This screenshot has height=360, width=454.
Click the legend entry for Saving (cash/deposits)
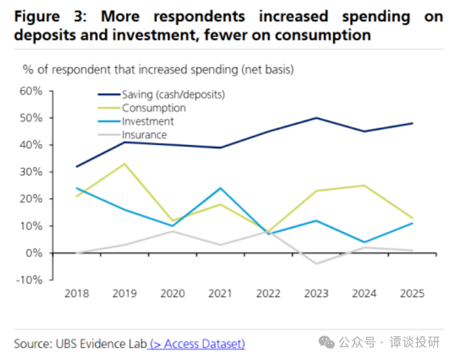coord(173,94)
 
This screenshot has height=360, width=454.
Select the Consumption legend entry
coord(154,108)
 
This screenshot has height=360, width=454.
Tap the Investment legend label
coord(147,121)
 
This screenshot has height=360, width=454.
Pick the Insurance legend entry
coord(144,135)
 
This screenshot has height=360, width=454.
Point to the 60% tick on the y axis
coord(31,91)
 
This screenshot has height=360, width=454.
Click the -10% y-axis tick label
coord(29,280)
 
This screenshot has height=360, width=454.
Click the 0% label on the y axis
coord(35,253)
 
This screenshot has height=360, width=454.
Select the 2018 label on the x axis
coord(77,294)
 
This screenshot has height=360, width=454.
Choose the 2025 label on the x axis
coord(412,294)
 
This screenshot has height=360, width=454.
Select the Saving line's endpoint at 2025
coord(412,123)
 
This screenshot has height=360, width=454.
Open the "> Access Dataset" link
coord(196,344)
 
